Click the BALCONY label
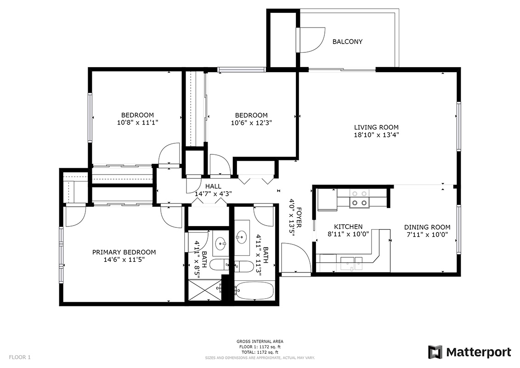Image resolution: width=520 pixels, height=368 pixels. coord(347,41)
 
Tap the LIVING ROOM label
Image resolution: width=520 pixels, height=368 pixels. coord(376,127)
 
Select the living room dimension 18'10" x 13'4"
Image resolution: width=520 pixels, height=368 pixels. coord(376,135)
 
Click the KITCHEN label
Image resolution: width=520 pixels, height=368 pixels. coord(348,226)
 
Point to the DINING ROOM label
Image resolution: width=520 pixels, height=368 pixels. coord(427,227)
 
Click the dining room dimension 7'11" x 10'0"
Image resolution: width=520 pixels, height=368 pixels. coord(427,235)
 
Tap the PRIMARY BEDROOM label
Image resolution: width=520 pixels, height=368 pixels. coord(124,252)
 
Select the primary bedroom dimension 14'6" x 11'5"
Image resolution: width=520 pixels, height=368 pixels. coord(124,260)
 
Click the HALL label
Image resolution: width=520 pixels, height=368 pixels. coord(213,187)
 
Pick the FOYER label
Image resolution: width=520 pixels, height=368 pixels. coord(299,217)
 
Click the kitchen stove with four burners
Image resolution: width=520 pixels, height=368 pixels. coord(360,198)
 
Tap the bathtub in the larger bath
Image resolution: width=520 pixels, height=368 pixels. coord(254,290)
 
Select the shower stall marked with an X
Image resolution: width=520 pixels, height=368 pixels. coord(204,290)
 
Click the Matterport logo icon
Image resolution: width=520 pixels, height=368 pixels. coord(435,352)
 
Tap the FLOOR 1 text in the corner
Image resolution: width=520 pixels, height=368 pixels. coord(20,357)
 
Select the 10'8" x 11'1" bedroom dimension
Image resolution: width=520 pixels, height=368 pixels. coord(137,122)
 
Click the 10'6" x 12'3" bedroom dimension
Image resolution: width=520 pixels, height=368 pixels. coord(251,123)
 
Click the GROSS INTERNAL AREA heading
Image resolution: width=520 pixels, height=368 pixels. coord(260,341)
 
